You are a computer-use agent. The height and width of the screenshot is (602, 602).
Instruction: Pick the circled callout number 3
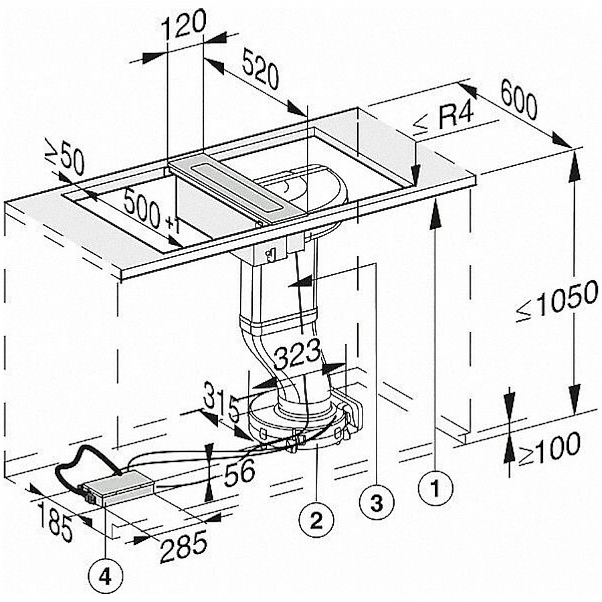[x=375, y=503]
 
